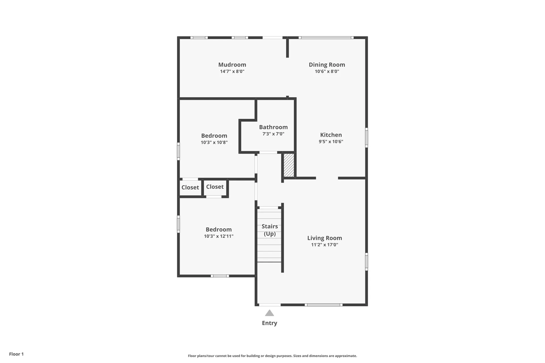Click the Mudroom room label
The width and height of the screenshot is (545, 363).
click(232, 65)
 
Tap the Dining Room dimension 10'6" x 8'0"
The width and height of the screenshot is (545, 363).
click(327, 71)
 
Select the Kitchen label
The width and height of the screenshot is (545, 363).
click(331, 135)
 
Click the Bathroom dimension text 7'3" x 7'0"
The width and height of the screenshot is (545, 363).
click(273, 134)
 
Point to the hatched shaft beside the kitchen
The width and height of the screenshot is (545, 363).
click(289, 165)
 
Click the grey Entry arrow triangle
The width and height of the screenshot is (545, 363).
click(269, 313)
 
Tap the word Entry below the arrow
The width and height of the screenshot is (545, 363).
click(269, 323)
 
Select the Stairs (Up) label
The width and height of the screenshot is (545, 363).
click(270, 230)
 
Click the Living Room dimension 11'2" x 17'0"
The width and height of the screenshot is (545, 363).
click(324, 245)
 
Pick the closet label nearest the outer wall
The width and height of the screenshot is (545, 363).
click(190, 187)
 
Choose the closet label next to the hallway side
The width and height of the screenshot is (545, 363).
click(215, 187)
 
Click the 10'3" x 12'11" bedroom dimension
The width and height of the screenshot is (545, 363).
click(219, 236)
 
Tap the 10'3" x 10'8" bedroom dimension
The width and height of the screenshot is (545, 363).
click(214, 142)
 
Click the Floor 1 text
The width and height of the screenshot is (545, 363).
click(16, 354)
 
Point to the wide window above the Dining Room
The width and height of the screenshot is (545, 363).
click(326, 37)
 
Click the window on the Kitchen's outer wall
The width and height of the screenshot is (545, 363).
click(366, 138)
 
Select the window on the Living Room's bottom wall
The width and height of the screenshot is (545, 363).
click(324, 305)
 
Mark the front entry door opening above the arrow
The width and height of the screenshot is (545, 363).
click(270, 305)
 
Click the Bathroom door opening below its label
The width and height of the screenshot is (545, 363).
click(268, 153)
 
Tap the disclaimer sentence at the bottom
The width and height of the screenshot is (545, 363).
click(272, 356)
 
